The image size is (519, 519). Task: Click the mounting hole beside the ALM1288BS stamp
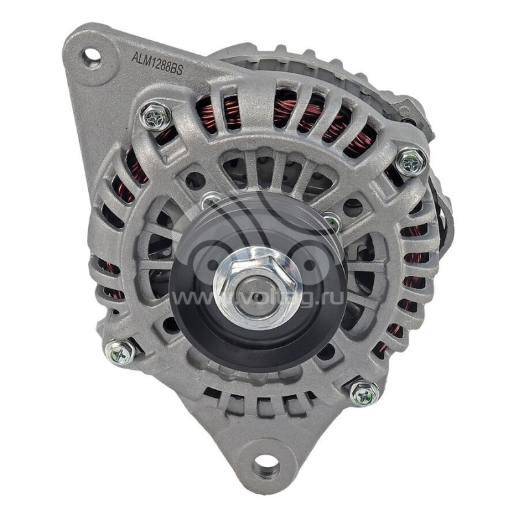point(91,56)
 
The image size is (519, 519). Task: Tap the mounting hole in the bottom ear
point(266,465)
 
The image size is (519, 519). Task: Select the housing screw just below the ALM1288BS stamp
point(156,116)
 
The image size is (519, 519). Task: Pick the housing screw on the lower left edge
point(121,351)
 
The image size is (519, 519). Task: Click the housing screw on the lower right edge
point(364,392)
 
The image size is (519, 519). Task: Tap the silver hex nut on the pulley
point(257,285)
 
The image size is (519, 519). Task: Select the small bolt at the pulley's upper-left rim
point(209,202)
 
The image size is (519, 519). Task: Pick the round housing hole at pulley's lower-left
point(171,325)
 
